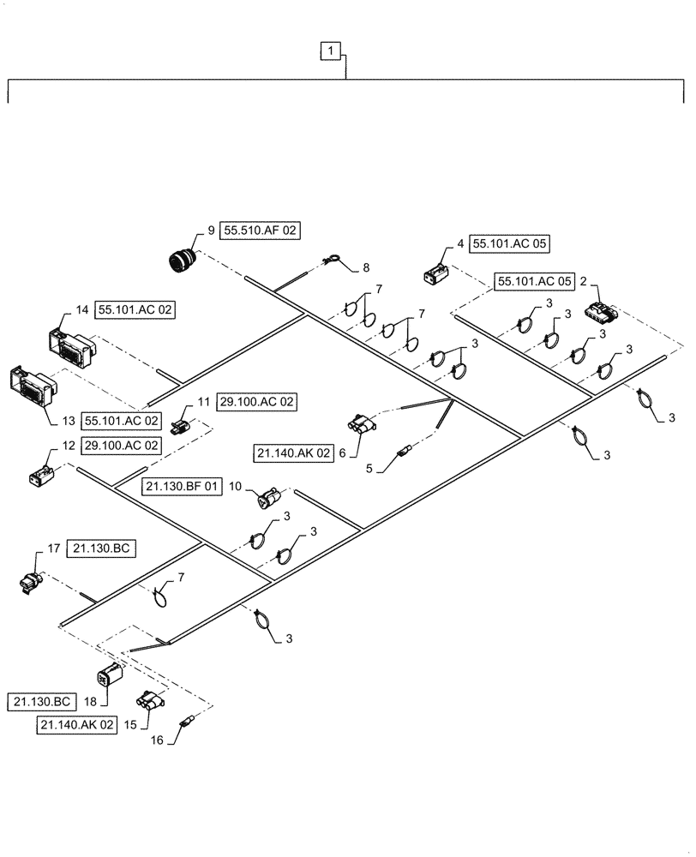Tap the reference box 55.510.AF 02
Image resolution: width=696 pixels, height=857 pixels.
(x=261, y=231)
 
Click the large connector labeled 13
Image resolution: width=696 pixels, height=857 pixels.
(x=30, y=390)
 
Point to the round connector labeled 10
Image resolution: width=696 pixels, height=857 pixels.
(x=268, y=500)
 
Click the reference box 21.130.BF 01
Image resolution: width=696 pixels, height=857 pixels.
(x=181, y=486)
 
